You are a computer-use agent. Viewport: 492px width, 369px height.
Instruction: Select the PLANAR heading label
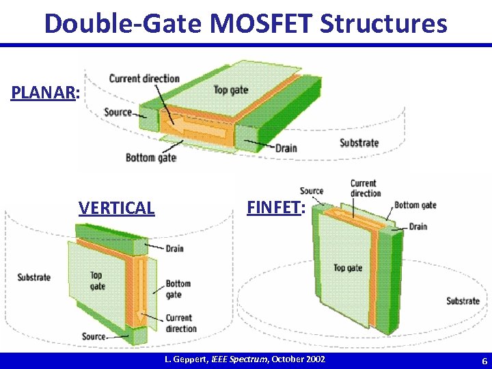click(43, 92)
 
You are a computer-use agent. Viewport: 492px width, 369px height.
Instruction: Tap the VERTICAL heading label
click(117, 208)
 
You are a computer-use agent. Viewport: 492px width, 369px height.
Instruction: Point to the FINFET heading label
click(273, 206)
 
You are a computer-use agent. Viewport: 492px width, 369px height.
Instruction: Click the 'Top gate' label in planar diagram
click(230, 90)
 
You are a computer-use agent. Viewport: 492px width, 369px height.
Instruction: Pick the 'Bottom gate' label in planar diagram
click(150, 158)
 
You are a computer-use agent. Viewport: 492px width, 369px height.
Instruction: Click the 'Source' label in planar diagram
click(118, 112)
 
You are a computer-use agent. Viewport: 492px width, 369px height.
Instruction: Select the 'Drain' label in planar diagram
click(286, 148)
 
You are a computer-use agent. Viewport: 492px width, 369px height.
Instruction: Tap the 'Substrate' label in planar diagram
click(359, 143)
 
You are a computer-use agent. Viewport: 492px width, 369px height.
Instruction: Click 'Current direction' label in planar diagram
click(144, 78)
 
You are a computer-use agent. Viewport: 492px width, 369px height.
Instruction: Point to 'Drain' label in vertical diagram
click(174, 248)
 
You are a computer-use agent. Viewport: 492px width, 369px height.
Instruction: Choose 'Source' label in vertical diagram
click(94, 336)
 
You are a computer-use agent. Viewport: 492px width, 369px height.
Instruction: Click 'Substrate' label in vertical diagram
click(34, 277)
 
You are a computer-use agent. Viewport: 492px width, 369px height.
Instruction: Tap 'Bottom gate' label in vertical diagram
click(178, 289)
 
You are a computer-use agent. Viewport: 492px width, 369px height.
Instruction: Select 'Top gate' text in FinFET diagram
click(348, 268)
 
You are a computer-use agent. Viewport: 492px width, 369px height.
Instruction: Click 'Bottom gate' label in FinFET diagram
click(415, 205)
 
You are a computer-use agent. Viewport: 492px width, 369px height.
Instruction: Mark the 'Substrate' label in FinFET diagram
click(463, 301)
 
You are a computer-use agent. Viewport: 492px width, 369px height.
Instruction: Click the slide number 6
click(484, 361)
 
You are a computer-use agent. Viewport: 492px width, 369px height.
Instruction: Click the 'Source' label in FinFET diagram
click(311, 191)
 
